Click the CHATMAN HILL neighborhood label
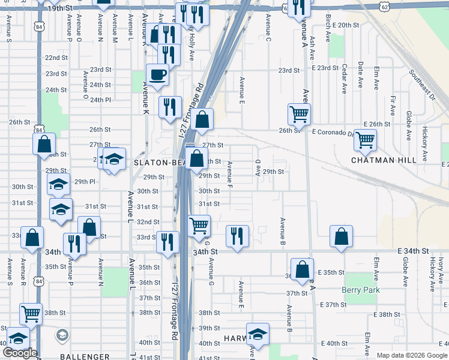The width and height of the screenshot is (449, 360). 384,160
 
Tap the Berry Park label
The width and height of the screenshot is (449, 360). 361,290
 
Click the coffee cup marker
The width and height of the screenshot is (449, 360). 157,75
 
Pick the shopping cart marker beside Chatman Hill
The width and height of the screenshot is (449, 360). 365,140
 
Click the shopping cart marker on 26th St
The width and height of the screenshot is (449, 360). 299,112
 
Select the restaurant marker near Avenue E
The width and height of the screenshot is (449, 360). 237,235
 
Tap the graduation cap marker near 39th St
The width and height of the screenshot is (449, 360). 258,334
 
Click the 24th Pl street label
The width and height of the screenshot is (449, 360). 101,100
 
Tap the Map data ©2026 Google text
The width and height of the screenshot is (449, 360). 411,355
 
